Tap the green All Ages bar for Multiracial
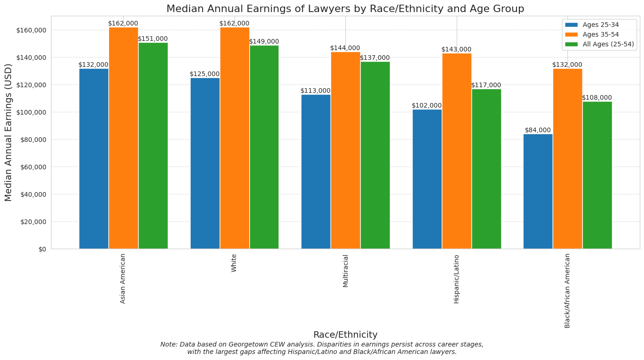pos(375,155)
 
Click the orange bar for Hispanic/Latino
pos(457,151)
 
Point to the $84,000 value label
pos(538,130)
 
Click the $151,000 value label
pos(153,39)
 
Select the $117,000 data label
pos(486,85)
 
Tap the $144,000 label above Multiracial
pos(345,48)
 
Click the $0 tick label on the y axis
pos(42,249)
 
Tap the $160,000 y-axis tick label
pos(31,30)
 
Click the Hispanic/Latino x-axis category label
pos(457,279)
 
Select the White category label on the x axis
pos(234,263)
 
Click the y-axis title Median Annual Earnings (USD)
pos(8,132)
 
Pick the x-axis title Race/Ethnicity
pos(345,335)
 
